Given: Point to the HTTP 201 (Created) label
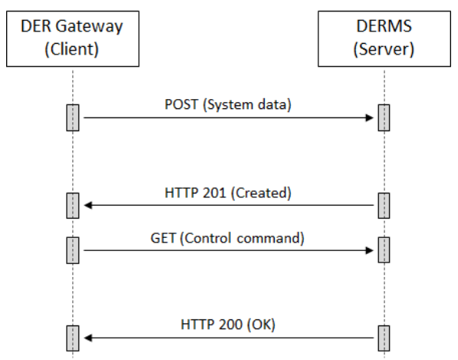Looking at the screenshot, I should pos(228,193).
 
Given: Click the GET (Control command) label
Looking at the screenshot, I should pos(228,237).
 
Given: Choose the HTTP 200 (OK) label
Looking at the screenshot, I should pos(228,325).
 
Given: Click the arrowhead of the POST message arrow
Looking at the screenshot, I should pos(369,118).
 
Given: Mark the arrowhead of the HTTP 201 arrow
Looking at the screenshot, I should pos(87,206).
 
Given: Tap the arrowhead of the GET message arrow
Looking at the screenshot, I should pos(369,249).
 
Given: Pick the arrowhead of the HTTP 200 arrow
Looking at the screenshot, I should pos(87,338).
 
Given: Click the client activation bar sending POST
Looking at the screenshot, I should pos(72,117).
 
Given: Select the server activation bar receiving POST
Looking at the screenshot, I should pos(383,117).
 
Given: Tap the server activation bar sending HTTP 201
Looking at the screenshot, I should pos(383,206).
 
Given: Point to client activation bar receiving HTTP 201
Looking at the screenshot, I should pos(72,206).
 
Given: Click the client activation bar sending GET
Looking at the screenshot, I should pos(72,249).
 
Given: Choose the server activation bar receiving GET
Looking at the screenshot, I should pos(383,249).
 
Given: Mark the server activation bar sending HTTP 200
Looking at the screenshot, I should pos(383,338).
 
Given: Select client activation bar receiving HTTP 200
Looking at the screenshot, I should pos(72,338).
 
